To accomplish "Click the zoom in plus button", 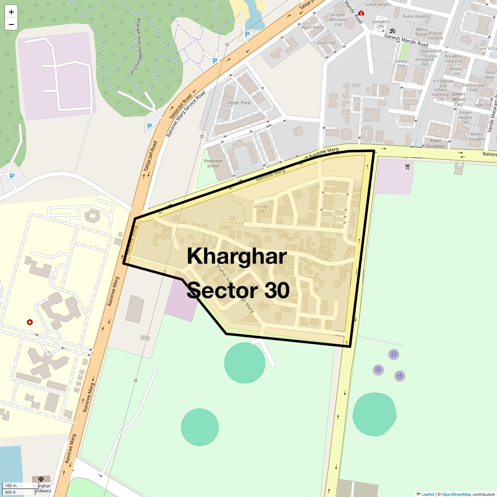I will pyautogui.click(x=11, y=12).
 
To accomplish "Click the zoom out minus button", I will pyautogui.click(x=11, y=24).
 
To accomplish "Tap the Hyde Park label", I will pyautogui.click(x=239, y=103).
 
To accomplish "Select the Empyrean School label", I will pyautogui.click(x=213, y=163).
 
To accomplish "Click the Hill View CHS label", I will pyautogui.click(x=261, y=209).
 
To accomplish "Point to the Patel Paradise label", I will pyautogui.click(x=435, y=143).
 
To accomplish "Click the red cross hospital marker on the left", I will pyautogui.click(x=29, y=322).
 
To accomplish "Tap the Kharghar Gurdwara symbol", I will pyautogui.click(x=41, y=480).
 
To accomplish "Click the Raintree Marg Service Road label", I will pyautogui.click(x=186, y=114).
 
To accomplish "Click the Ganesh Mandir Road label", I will pyautogui.click(x=406, y=40).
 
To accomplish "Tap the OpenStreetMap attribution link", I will pyautogui.click(x=456, y=494).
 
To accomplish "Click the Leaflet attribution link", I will pyautogui.click(x=427, y=494).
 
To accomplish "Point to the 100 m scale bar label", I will pyautogui.click(x=11, y=485).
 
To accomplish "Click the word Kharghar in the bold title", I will pyautogui.click(x=236, y=256).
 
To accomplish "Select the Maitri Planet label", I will pyautogui.click(x=312, y=28).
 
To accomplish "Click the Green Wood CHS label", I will pyautogui.click(x=458, y=99).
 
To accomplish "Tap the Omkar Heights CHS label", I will pyautogui.click(x=465, y=117).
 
